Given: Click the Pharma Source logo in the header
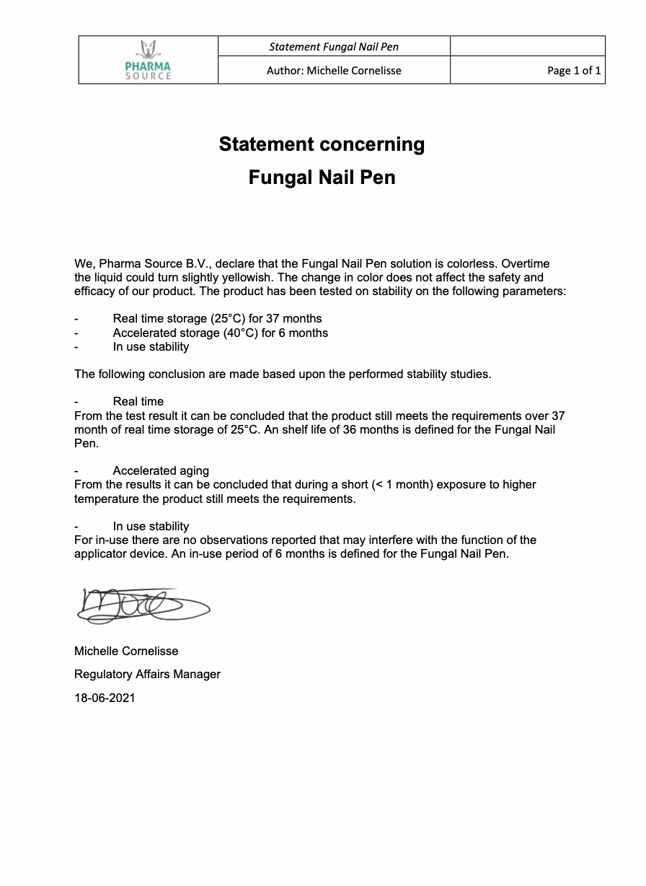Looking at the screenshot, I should [148, 61].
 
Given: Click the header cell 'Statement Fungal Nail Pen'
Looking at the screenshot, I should [334, 47].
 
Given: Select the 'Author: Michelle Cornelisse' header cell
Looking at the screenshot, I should [334, 71].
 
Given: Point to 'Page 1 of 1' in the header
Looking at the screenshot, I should [574, 71].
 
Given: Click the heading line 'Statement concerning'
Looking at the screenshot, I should [322, 144].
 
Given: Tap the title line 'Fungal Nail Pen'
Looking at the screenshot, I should [322, 177].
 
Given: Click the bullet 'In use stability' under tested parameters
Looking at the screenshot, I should [151, 346].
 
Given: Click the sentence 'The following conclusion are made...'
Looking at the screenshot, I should [283, 374].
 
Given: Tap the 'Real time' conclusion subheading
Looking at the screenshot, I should [138, 401].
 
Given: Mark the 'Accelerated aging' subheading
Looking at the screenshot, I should [161, 470].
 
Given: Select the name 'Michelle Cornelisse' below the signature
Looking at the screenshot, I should [126, 651].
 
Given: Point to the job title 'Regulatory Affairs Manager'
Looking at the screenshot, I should [147, 674].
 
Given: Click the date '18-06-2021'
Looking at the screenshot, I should [105, 698].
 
